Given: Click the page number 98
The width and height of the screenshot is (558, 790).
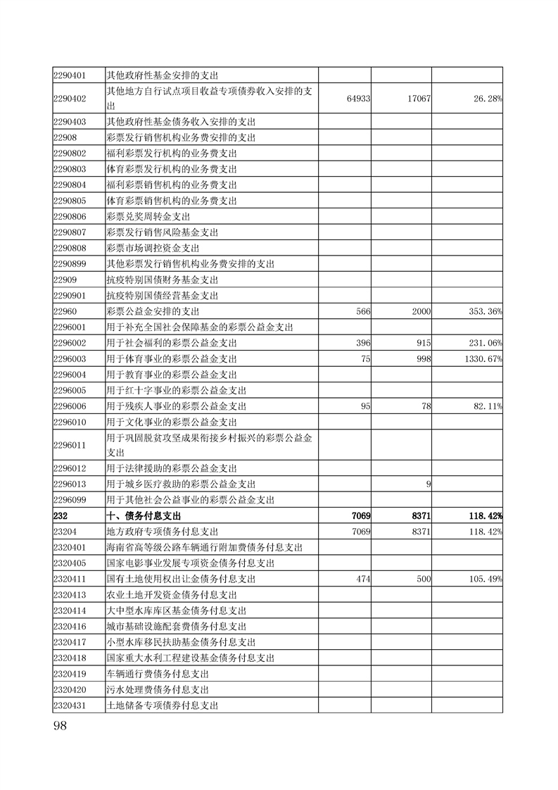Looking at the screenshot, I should pos(59,726).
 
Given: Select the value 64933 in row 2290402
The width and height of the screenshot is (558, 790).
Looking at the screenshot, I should pos(360,99).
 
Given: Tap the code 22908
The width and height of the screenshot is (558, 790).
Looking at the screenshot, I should pos(65,137).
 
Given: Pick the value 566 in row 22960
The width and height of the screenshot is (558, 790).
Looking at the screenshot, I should pos(364,311).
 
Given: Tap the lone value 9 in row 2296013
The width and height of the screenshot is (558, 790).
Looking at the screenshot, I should pos(429,484).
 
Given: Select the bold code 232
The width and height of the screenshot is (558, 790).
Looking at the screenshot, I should pos(61,516).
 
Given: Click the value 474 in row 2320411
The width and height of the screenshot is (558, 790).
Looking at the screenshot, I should pos(364,579).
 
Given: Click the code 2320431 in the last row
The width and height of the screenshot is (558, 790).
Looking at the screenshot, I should pos(70,705).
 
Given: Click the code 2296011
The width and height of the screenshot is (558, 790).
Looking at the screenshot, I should pos(70,445).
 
